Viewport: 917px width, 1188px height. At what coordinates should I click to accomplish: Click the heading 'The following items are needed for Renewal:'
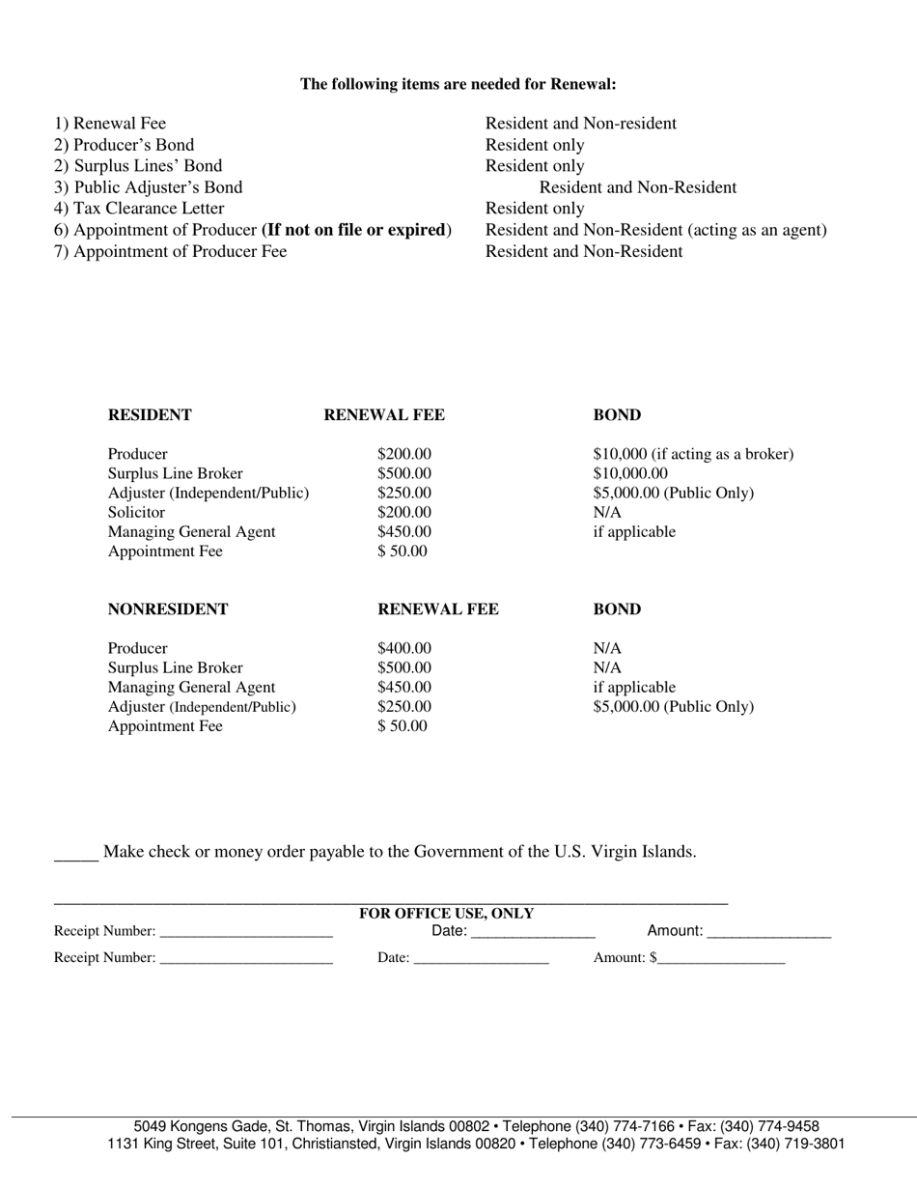[458, 84]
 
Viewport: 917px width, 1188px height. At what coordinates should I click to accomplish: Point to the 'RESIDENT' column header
[150, 415]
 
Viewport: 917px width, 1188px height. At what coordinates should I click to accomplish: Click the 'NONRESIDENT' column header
[168, 609]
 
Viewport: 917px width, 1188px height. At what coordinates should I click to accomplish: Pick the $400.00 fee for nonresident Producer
[404, 649]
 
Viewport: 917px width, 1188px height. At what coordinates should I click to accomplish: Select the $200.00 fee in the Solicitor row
[404, 513]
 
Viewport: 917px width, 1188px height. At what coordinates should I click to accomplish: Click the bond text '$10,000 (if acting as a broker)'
[693, 454]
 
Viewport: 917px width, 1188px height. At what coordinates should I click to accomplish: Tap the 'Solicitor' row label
[136, 513]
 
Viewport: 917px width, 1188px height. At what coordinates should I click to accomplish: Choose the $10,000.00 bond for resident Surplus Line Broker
[630, 473]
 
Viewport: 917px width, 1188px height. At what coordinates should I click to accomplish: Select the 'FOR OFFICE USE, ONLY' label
[446, 914]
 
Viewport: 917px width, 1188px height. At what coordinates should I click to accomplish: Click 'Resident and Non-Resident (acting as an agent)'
[655, 230]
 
